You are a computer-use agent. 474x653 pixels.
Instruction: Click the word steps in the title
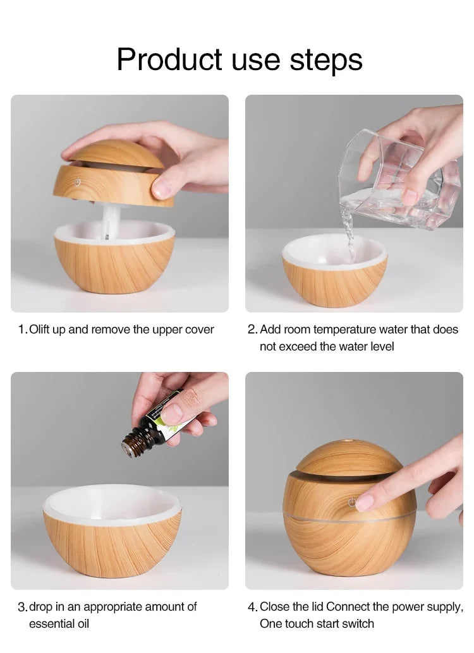(x=326, y=59)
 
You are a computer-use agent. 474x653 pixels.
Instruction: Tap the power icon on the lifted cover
(x=77, y=182)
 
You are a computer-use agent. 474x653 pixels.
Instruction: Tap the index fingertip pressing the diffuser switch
(x=365, y=503)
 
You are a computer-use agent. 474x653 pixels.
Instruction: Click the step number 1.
(x=22, y=330)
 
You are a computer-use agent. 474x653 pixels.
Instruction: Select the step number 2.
(x=252, y=330)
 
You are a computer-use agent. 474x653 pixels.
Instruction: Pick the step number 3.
(x=22, y=607)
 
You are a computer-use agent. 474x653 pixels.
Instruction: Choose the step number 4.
(x=252, y=607)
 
